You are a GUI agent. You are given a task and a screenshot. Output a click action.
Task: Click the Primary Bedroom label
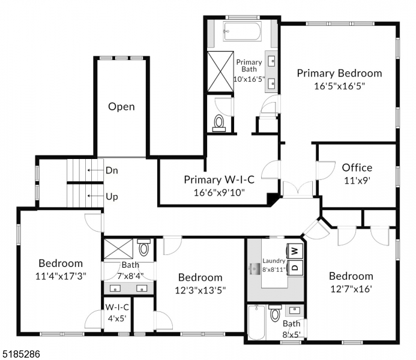[x=339, y=73]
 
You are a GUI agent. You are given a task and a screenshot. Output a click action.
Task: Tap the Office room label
[x=357, y=167]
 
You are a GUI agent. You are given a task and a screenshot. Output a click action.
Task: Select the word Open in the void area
[x=121, y=107]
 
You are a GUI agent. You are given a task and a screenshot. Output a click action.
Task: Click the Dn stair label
[x=112, y=170]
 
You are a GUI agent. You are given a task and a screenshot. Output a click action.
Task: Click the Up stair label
[x=112, y=196]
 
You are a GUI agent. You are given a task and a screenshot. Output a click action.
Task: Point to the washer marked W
[x=295, y=250]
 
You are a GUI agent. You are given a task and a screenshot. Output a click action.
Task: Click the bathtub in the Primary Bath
[x=243, y=31]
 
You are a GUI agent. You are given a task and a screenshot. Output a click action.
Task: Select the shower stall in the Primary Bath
[x=220, y=71]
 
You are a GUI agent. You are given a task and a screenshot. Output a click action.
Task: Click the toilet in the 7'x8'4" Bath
[x=144, y=248]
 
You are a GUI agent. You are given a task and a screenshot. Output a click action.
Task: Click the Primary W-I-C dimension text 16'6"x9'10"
[x=219, y=193]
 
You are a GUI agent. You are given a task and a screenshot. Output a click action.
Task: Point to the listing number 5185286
[x=20, y=355]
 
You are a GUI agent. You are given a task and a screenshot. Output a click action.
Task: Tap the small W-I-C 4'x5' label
[x=116, y=312]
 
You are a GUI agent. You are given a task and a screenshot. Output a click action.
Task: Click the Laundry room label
[x=274, y=261]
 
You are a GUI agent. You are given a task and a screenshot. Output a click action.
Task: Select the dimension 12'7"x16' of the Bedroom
[x=351, y=289]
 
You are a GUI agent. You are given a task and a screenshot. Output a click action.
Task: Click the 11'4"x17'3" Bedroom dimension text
[x=60, y=276]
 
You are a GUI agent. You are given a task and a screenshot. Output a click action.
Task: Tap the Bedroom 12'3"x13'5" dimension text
[x=200, y=290]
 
